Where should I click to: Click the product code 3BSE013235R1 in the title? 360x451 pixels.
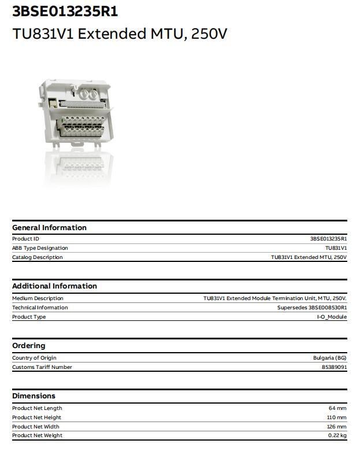point(65,12)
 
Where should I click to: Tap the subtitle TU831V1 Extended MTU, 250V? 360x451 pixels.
point(120,34)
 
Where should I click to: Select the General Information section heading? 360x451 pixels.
point(49,227)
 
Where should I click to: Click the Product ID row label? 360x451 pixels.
point(25,239)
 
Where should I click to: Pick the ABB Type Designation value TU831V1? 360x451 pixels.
point(336,248)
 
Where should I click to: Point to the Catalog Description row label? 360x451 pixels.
point(37,257)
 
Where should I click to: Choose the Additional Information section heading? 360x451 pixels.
point(54,286)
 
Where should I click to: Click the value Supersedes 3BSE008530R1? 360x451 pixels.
point(312,308)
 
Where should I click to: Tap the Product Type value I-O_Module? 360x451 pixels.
point(332,317)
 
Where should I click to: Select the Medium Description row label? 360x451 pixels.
point(38,298)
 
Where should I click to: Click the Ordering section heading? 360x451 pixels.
point(28,345)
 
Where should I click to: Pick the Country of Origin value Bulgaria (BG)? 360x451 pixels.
point(330,358)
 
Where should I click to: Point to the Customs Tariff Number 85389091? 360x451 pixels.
point(334,367)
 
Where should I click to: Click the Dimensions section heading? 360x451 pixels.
point(34,395)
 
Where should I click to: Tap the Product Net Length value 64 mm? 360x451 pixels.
point(337,408)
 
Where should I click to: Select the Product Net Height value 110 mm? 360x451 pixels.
point(336,417)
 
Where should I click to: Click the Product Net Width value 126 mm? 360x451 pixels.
point(336,427)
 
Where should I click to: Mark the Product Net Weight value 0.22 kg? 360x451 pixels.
point(337,435)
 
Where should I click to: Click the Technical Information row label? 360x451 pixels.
point(40,308)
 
